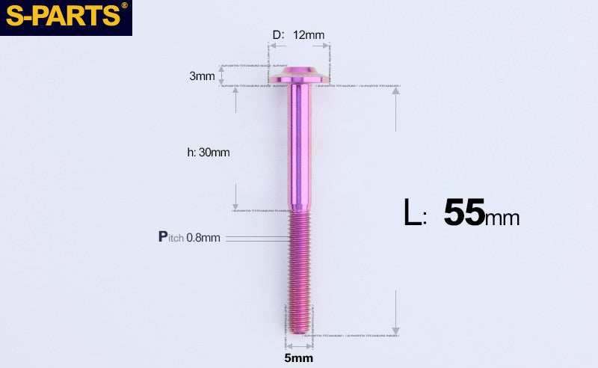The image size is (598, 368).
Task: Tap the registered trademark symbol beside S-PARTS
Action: click(x=124, y=6)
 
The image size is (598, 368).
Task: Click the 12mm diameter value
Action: click(x=309, y=35)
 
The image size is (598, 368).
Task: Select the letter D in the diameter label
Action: click(x=276, y=35)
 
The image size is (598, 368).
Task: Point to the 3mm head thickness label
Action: click(x=202, y=76)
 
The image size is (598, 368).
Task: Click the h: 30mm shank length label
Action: click(x=208, y=153)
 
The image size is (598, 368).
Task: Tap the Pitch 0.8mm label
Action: click(x=189, y=237)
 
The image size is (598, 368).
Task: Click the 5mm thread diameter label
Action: click(x=299, y=358)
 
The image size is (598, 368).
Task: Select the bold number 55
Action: click(x=464, y=213)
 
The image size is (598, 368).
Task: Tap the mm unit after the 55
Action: click(x=502, y=218)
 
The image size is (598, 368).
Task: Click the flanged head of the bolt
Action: click(x=299, y=76)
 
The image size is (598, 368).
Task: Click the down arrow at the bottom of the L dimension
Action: click(x=396, y=329)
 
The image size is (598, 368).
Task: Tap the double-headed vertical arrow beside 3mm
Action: click(x=221, y=76)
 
